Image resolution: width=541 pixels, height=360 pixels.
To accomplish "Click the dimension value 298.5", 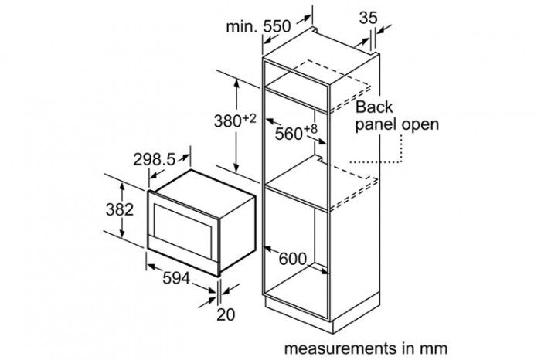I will tap(155, 159).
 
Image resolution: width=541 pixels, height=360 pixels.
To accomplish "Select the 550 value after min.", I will tap(275, 25).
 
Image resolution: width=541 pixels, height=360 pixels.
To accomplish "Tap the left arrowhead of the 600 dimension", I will tap(267, 249).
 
